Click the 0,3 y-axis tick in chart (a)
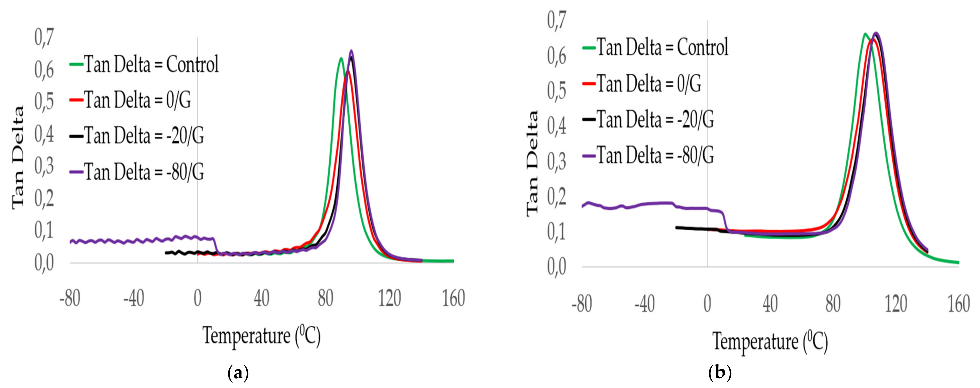[x=44, y=166]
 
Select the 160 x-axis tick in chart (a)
[x=454, y=298]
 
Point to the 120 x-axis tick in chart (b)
[x=896, y=304]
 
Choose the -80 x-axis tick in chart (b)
[x=582, y=304]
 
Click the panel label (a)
[x=238, y=373]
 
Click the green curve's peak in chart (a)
[x=341, y=58]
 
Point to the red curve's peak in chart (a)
[x=348, y=71]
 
